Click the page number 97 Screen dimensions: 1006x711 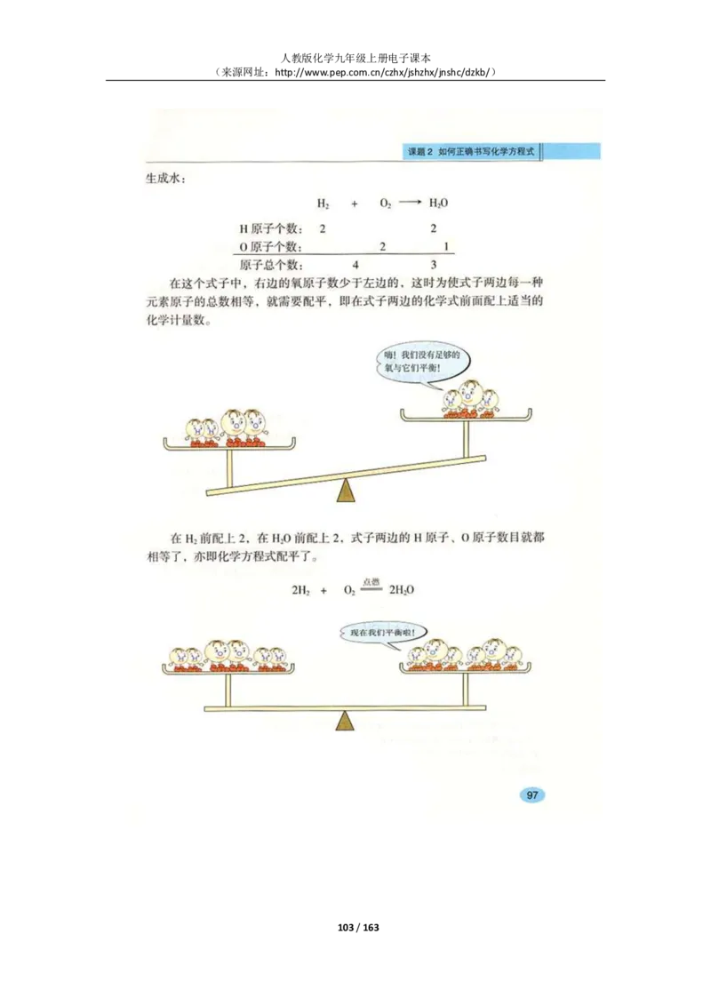click(531, 794)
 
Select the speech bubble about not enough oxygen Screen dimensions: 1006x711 click(421, 363)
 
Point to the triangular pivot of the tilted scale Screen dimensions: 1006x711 click(346, 491)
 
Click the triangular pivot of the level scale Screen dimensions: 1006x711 click(346, 720)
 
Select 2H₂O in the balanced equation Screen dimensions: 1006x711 click(403, 589)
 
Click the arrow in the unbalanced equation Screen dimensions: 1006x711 click(410, 203)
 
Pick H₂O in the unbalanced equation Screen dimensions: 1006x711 click(438, 203)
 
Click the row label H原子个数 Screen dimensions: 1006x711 click(270, 228)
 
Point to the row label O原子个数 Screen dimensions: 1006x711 click(270, 246)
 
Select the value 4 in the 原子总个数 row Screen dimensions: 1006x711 click(355, 265)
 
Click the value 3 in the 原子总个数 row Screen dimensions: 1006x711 click(433, 265)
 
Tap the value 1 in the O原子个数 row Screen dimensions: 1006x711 click(445, 246)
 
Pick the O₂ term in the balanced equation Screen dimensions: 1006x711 click(348, 589)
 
